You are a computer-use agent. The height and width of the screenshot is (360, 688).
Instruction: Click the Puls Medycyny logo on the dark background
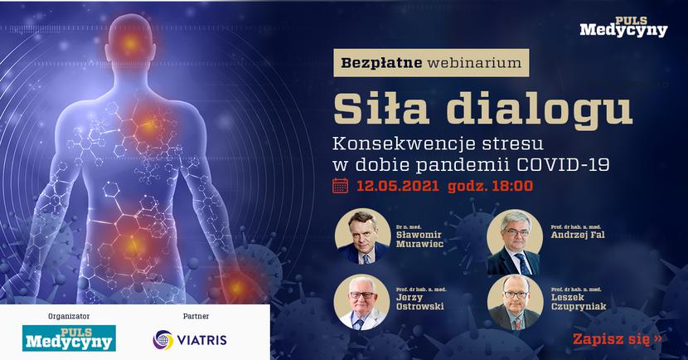623,27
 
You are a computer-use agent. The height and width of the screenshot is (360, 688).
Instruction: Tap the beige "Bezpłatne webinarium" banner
431,63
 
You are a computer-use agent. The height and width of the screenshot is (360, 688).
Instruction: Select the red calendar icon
341,186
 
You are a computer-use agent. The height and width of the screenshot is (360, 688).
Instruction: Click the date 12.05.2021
398,186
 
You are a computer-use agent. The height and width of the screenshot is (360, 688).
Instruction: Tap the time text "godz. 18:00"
491,186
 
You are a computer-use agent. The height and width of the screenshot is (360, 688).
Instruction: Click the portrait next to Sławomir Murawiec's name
362,236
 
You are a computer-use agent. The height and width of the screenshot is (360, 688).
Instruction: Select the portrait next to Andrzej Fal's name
515,242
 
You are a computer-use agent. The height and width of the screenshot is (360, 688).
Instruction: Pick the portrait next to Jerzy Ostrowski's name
361,303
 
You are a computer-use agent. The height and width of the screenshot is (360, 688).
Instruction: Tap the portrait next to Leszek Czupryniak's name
515,303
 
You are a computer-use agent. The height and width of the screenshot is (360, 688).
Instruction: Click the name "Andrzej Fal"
578,235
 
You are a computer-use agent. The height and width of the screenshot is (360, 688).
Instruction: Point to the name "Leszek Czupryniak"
579,302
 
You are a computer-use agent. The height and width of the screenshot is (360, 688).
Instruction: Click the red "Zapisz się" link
618,338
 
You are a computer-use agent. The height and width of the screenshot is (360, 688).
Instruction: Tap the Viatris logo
190,340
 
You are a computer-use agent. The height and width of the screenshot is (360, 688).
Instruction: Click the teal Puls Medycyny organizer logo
69,338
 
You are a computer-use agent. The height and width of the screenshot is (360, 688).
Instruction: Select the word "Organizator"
69,316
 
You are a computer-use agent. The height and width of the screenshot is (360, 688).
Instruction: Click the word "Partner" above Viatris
196,316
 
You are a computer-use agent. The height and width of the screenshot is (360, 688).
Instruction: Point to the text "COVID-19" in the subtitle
563,164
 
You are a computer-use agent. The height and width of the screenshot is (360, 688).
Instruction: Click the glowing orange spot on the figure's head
130,43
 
